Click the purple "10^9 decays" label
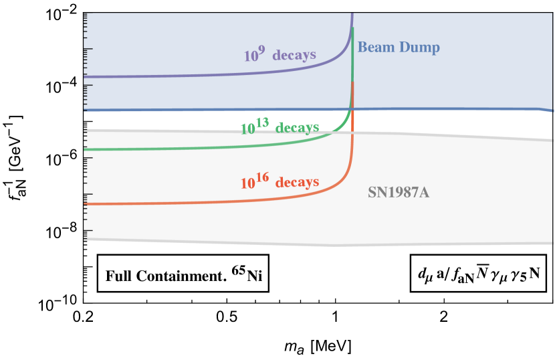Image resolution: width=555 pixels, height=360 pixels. click(280, 56)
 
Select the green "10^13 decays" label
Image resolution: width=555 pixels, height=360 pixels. click(280, 127)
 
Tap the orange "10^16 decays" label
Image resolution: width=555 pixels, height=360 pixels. click(280, 181)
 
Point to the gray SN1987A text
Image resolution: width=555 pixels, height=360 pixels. click(399, 193)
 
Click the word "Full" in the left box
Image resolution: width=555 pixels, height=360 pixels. click(120, 275)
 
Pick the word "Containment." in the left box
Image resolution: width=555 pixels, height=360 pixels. click(181, 275)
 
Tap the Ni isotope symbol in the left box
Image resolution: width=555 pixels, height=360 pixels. click(254, 275)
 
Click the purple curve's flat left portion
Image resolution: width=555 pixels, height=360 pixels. click(167, 74)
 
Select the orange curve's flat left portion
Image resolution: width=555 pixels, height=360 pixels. click(167, 201)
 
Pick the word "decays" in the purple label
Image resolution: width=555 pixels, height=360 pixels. click(294, 56)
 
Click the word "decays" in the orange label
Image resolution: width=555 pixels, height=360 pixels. click(298, 182)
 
